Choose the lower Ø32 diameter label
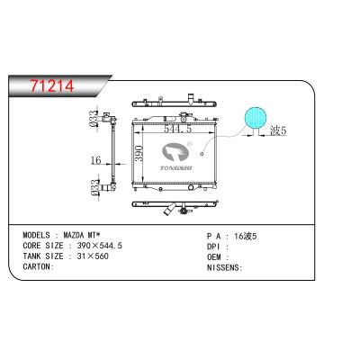coord(95,187)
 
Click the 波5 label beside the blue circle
coord(278,130)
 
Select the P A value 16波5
coord(246,234)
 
